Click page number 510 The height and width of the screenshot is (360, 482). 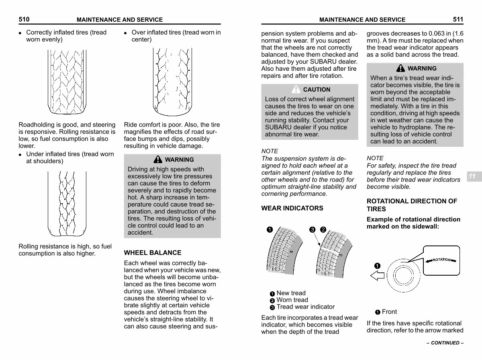click(x=24, y=19)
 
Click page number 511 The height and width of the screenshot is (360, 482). click(x=458, y=19)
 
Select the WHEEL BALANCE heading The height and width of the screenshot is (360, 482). click(x=153, y=253)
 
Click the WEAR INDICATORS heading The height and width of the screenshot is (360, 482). click(x=292, y=208)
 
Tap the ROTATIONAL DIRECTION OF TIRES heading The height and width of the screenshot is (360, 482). click(x=412, y=205)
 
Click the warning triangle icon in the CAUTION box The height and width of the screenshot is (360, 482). click(x=296, y=89)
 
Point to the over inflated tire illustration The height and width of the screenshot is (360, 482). click(x=172, y=82)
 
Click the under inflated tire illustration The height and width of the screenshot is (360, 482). click(x=67, y=203)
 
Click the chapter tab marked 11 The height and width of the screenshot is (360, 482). click(x=472, y=176)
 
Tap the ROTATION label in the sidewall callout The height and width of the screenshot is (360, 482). click(x=442, y=260)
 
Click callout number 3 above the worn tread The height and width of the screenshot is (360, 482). click(x=312, y=229)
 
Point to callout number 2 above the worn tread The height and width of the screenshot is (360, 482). click(x=323, y=229)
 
